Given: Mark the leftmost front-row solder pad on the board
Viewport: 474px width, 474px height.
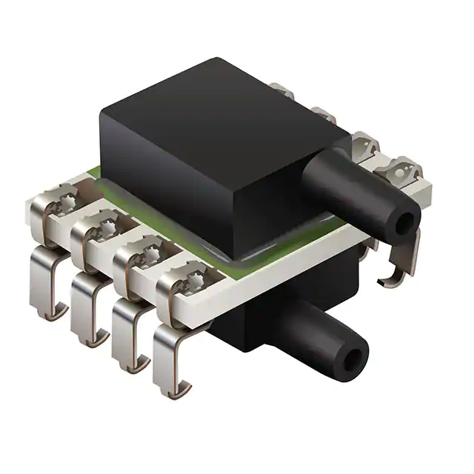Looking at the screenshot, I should pos(63,200).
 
